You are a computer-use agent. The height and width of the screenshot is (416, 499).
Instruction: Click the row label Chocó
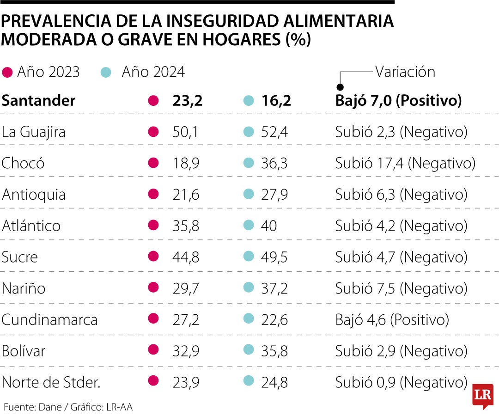click(23, 163)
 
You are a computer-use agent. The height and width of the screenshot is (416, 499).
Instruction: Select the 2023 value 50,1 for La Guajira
click(185, 132)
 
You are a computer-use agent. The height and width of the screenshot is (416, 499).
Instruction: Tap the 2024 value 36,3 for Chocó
click(275, 163)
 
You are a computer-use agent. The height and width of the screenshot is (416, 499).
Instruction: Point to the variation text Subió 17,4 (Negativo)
click(405, 163)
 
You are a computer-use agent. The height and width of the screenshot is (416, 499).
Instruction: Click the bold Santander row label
click(38, 101)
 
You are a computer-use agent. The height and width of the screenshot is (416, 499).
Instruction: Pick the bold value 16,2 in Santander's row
click(276, 101)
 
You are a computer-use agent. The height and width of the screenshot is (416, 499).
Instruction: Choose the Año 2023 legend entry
click(42, 72)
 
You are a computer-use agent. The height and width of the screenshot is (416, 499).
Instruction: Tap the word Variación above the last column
click(405, 72)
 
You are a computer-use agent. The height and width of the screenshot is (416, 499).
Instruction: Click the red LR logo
click(482, 396)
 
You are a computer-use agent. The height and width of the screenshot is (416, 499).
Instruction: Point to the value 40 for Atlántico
click(269, 226)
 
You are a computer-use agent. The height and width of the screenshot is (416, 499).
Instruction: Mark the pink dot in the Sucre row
click(153, 257)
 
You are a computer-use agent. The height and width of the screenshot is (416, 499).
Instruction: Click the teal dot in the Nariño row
click(249, 288)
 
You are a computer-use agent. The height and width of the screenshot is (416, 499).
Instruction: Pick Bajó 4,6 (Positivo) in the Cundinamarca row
click(392, 319)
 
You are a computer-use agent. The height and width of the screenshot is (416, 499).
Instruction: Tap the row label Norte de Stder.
click(51, 382)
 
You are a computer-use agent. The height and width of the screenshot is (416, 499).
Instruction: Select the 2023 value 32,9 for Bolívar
click(185, 351)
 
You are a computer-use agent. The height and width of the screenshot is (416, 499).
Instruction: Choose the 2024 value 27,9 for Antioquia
click(275, 195)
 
